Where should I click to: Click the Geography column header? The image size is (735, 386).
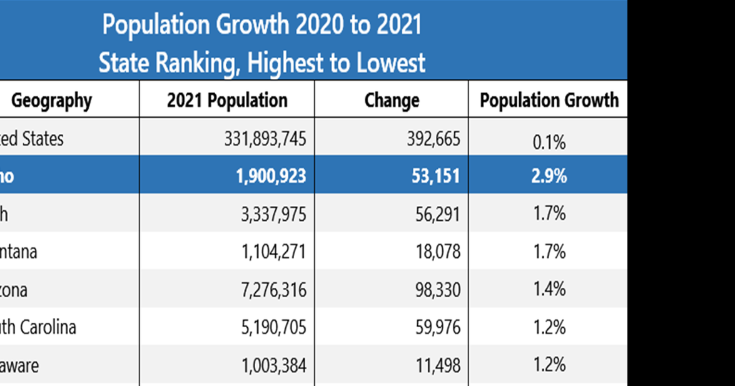click(51, 100)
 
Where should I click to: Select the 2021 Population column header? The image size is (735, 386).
click(227, 100)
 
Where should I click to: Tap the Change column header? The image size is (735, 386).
click(392, 100)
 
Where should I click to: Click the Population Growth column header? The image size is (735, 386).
click(549, 100)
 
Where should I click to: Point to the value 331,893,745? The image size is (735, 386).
click(265, 139)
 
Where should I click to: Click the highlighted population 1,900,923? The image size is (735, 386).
click(271, 176)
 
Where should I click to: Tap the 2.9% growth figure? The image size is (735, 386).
click(549, 176)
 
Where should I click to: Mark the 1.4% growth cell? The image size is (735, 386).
click(549, 289)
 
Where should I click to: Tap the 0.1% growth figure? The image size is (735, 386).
click(549, 143)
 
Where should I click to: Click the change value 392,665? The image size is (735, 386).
click(433, 139)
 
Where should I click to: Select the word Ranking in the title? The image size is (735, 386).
click(192, 63)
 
